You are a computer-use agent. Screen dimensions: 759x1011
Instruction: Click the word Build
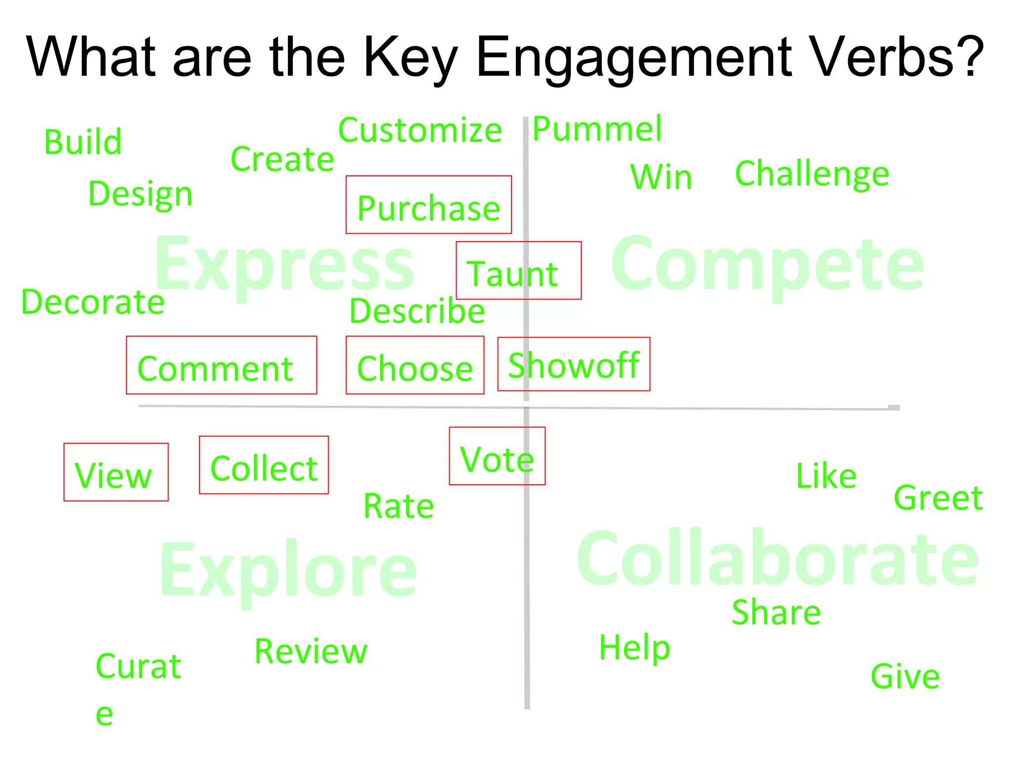[x=83, y=142]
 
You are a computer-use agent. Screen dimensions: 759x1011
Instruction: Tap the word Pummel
[x=597, y=129]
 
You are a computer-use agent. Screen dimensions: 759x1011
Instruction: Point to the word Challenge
[x=812, y=174]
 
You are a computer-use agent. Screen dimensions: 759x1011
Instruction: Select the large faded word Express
[x=285, y=264]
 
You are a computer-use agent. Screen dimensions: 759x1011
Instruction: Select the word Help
[x=634, y=647]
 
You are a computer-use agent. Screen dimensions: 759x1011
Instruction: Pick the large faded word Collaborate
[x=778, y=558]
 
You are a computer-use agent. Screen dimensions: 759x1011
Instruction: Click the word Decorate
[x=93, y=302]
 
